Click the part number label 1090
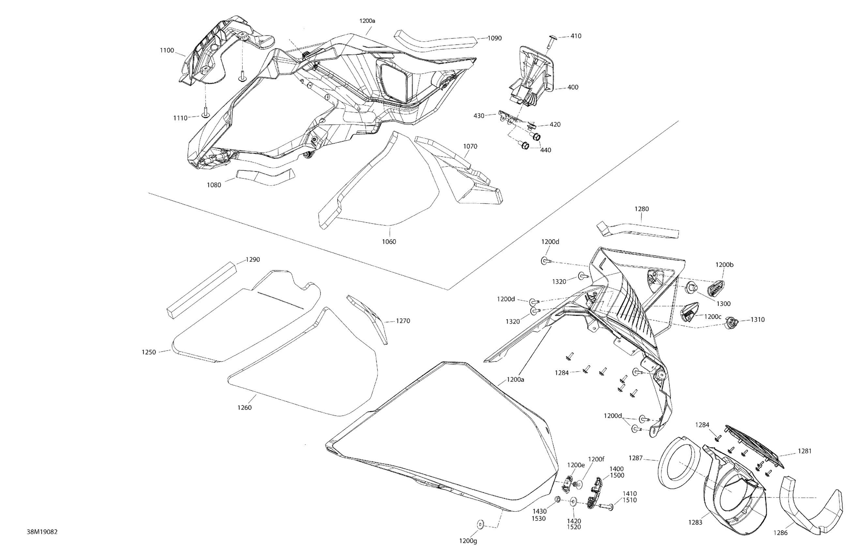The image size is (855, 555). point(494,38)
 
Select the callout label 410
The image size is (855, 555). point(576,36)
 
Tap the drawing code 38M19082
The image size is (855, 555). point(42,532)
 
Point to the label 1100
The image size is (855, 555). point(167,50)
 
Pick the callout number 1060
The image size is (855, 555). point(389,242)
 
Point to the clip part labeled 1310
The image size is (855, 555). point(730,323)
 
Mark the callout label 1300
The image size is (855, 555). point(723,304)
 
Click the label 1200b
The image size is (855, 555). point(724,265)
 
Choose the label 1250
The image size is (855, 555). point(149,352)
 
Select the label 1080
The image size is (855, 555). point(214,185)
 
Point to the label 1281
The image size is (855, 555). point(805,451)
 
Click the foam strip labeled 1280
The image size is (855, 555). point(638,230)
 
